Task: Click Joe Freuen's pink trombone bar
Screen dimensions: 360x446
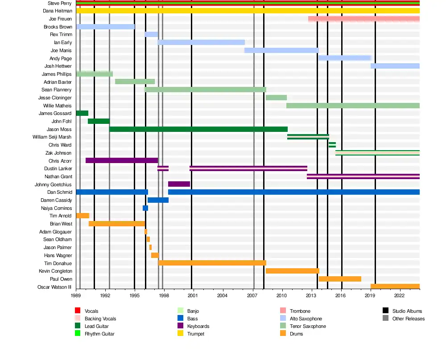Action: click(363, 19)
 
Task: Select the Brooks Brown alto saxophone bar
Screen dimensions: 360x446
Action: click(105, 27)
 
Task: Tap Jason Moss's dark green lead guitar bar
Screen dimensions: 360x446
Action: click(198, 129)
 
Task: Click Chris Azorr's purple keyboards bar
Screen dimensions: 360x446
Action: click(121, 160)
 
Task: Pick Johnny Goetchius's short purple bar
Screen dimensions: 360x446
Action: click(179, 184)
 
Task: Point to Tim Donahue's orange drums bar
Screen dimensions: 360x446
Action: click(212, 263)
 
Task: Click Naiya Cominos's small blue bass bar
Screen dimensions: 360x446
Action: click(145, 208)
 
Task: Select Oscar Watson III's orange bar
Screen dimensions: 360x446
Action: click(395, 286)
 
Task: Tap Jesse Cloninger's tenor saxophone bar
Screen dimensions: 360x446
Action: click(276, 98)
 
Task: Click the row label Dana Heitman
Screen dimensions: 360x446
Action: click(57, 11)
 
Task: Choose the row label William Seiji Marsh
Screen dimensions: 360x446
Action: click(52, 137)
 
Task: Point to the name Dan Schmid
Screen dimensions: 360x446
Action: click(59, 192)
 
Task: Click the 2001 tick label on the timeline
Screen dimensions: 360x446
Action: click(193, 295)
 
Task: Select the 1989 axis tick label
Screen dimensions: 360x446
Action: click(76, 295)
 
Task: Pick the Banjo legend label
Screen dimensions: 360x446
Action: click(193, 311)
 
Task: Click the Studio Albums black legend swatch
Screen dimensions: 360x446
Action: click(385, 311)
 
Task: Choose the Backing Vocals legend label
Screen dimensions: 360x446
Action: click(100, 319)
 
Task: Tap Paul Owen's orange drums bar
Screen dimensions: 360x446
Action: click(340, 279)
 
